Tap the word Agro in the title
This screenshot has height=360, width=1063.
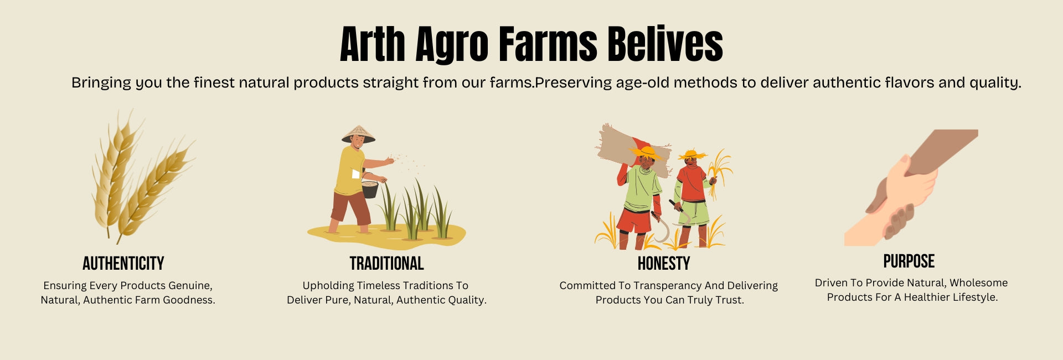452,46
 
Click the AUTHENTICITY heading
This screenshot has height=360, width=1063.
123,264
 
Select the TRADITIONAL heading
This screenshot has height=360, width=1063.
386,264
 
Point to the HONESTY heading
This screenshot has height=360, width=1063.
664,264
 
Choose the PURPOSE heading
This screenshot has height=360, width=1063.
909,261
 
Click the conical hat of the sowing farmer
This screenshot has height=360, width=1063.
358,133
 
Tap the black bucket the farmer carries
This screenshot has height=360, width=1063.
370,189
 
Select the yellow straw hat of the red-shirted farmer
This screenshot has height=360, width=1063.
692,155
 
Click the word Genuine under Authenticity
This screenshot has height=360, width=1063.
190,286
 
